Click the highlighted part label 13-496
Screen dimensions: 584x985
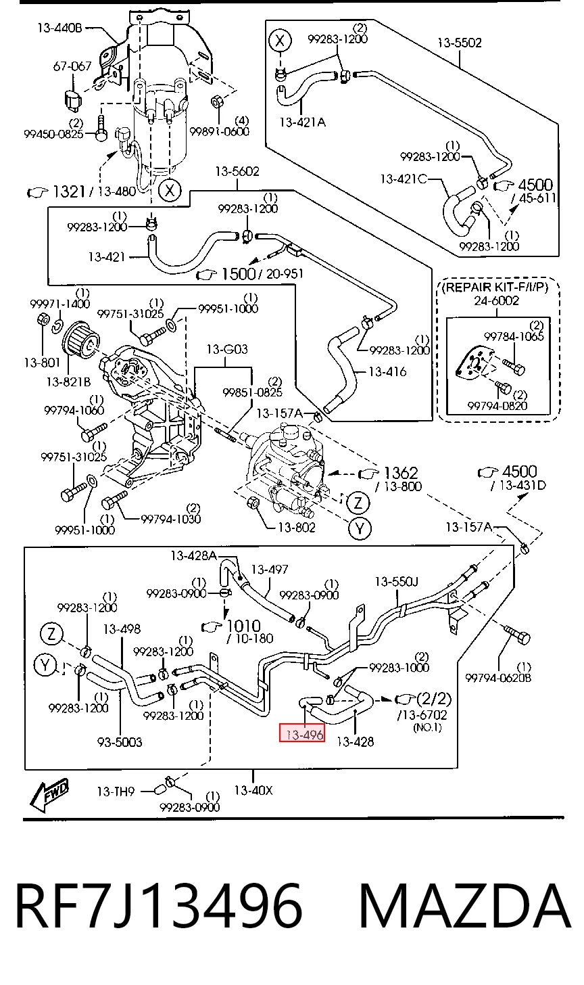302,734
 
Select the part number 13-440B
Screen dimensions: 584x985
59,28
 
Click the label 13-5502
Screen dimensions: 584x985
459,43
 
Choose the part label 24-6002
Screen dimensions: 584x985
496,301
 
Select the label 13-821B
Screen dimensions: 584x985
68,382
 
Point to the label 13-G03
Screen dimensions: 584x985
226,349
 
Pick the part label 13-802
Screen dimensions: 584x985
297,527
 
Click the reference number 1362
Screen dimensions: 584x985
401,473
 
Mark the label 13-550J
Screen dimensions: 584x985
396,582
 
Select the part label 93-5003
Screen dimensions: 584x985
120,742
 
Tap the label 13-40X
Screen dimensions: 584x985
253,791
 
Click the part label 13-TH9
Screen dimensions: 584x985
116,792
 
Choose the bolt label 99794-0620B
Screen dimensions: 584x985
498,678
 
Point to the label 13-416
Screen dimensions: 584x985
387,372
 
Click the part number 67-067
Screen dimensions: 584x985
72,66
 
